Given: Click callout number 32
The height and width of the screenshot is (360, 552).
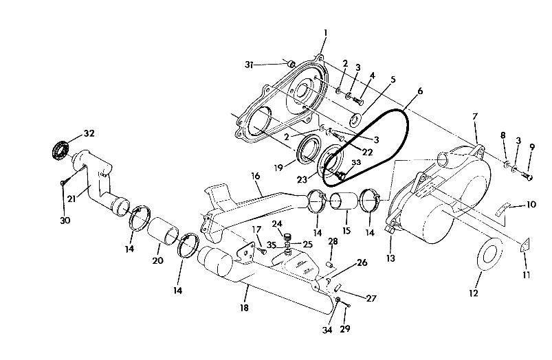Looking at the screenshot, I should (89, 133).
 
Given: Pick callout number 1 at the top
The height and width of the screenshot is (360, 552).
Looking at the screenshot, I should (325, 32).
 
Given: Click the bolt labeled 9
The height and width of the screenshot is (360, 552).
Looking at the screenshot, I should (527, 177).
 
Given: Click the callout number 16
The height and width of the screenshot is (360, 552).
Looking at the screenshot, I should (256, 177).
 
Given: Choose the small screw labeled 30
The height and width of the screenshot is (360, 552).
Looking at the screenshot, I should (63, 181).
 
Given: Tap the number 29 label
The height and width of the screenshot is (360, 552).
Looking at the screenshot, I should (345, 328).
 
